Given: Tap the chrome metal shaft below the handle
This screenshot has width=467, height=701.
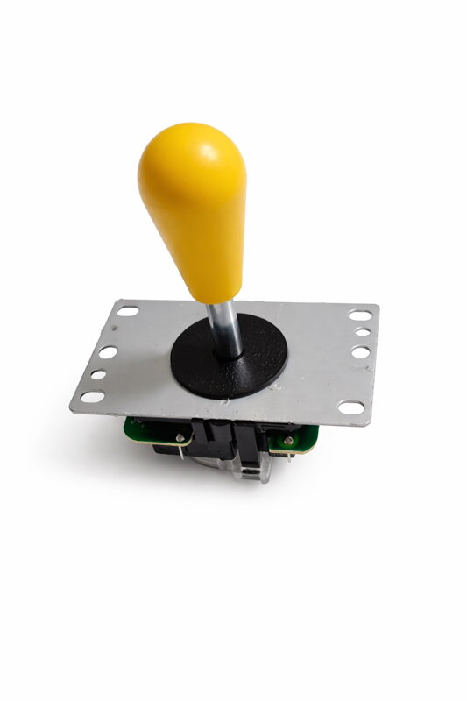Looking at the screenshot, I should point(225,329).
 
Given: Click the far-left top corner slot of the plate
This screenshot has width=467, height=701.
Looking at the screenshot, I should point(128,310).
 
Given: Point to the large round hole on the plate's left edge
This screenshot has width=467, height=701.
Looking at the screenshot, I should point(108,352).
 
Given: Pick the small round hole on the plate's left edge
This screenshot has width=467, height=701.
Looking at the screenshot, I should point(98,375).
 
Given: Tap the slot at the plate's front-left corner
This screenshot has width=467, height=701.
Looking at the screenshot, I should point(91,397).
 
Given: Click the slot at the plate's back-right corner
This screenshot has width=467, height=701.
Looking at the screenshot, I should point(359,315).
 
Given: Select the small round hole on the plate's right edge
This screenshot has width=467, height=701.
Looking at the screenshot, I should point(361,333).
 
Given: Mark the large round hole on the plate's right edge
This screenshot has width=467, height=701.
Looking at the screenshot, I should point(359,351).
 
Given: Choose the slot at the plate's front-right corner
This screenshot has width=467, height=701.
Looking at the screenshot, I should point(351,407).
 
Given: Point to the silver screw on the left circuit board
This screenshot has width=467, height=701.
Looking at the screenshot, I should point(180,436).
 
